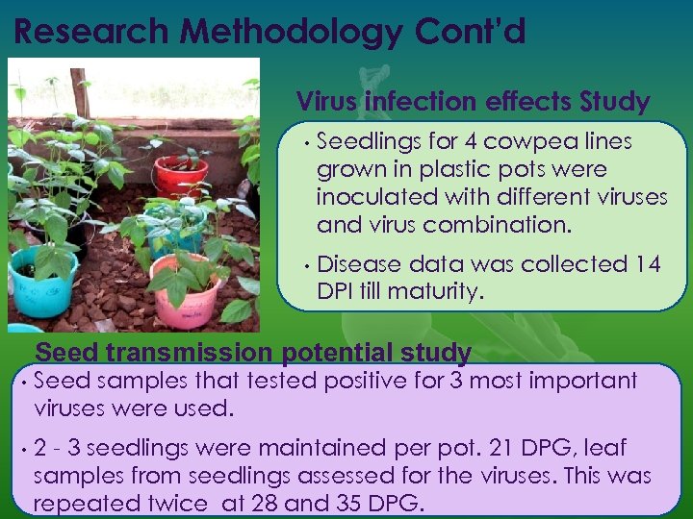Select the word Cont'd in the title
pos(471,32)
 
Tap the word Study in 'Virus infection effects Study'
pos(615,101)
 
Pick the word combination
pos(498,225)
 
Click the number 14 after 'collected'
pos(647,264)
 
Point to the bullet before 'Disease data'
pos(303,265)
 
